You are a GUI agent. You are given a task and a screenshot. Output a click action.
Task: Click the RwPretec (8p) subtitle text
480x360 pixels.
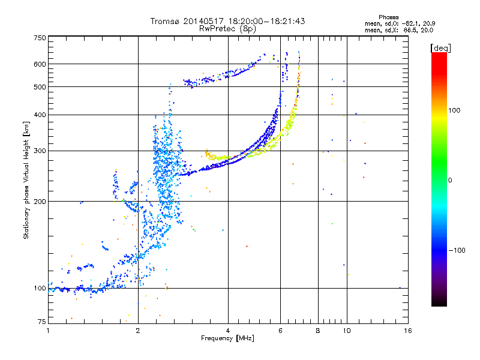[227, 29]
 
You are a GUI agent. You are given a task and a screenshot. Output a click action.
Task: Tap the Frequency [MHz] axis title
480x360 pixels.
[227, 338]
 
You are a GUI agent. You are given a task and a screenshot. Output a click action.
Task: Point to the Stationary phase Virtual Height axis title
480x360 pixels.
[26, 180]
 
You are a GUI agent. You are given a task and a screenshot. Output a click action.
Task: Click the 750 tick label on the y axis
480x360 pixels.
[40, 38]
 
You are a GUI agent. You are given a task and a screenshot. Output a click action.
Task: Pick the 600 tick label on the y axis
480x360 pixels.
[40, 64]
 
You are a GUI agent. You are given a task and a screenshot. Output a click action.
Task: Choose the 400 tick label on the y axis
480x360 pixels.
[40, 115]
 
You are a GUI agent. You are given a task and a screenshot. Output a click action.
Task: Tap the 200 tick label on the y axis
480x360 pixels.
[40, 202]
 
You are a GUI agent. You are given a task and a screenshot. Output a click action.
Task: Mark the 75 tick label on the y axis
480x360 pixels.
[41, 322]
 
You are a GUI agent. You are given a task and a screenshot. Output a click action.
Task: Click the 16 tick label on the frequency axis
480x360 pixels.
[408, 331]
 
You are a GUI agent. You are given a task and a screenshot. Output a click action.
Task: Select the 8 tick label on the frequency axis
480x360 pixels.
[318, 331]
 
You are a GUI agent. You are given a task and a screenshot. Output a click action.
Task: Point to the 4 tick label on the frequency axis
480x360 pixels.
[228, 331]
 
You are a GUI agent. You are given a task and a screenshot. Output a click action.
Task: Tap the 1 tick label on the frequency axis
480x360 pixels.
[48, 331]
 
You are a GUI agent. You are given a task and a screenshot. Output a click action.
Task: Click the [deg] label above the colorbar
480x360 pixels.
[440, 48]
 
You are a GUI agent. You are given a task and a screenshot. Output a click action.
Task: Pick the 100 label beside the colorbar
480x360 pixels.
[454, 110]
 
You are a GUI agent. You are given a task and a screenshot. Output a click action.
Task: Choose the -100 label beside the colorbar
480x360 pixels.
[457, 250]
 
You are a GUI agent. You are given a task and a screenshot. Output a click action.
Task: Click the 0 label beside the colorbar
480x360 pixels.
[450, 181]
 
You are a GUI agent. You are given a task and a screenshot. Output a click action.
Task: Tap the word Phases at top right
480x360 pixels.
[388, 17]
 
